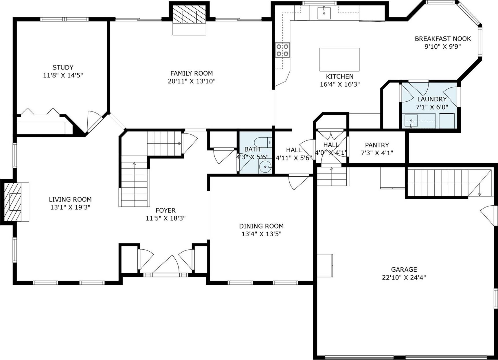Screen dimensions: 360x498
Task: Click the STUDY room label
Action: tap(63, 67)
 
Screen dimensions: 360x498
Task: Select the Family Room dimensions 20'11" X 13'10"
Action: tap(192, 81)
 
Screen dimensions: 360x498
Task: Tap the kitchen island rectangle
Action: tap(339, 59)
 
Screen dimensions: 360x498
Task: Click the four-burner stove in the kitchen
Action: tap(282, 50)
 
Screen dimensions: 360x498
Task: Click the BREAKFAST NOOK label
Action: tap(443, 39)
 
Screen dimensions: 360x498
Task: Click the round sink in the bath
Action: tap(265, 167)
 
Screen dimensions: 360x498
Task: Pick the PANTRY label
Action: tap(377, 145)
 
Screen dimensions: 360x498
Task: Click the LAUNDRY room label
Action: tap(432, 99)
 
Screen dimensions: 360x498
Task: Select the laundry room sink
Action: tap(411, 121)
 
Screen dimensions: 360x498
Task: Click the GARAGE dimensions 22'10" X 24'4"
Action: tap(404, 277)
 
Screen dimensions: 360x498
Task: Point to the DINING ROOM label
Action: tap(261, 226)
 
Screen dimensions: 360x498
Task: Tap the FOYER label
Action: tap(166, 210)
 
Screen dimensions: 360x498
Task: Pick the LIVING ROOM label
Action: tap(70, 199)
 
